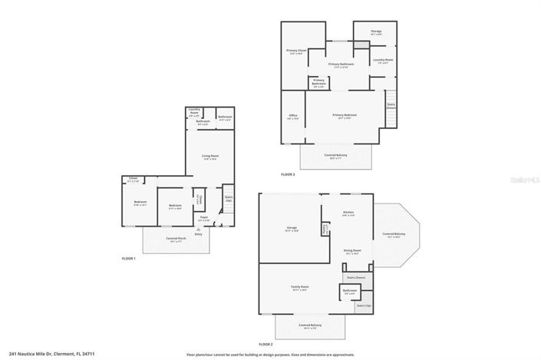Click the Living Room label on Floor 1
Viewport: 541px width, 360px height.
click(209, 157)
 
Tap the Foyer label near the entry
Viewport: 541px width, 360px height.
click(203, 218)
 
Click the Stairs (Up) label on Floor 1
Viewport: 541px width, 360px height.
click(228, 198)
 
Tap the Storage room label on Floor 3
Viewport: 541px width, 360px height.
click(376, 32)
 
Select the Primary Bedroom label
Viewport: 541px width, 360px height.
click(345, 116)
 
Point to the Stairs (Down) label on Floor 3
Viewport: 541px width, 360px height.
click(391, 107)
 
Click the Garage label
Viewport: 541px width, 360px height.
click(292, 228)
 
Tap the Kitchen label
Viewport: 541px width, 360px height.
click(348, 213)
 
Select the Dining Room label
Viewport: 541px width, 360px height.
click(352, 250)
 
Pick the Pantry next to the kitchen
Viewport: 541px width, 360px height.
click(325, 228)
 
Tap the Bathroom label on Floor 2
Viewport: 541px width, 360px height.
click(350, 291)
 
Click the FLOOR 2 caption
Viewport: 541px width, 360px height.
click(266, 345)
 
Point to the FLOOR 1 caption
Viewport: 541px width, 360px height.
click(129, 259)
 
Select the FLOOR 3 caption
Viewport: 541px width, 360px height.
click(288, 174)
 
